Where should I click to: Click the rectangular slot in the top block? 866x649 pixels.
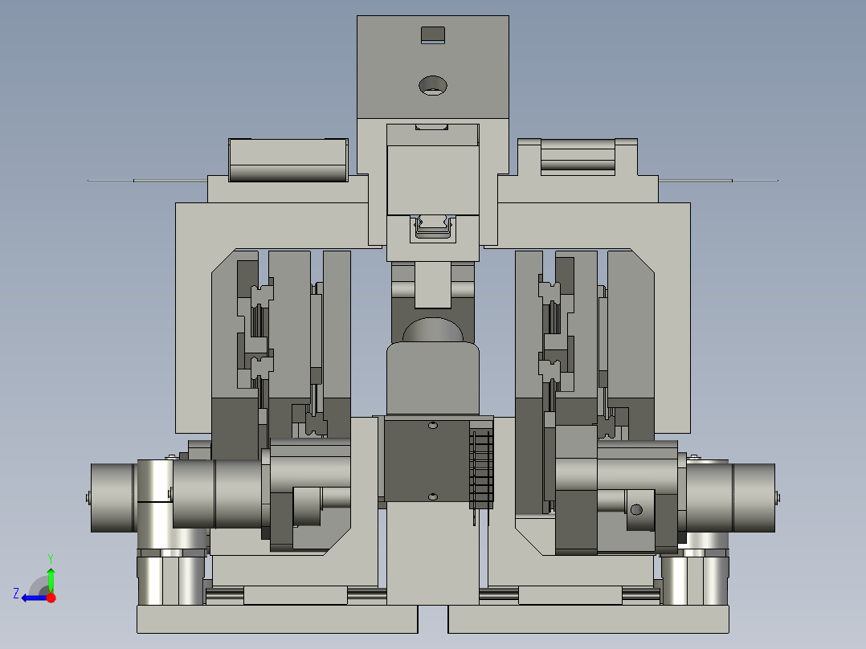pos(433,35)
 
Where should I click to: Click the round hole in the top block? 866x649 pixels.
pos(433,86)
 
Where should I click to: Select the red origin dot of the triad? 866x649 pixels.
pos(51,598)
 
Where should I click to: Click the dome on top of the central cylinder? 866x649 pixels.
pos(433,330)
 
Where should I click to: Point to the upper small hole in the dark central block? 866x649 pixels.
pos(433,425)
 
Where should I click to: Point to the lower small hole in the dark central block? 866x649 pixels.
pos(433,497)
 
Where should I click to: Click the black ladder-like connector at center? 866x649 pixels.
pos(481,470)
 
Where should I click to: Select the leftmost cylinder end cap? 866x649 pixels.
pos(112,498)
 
